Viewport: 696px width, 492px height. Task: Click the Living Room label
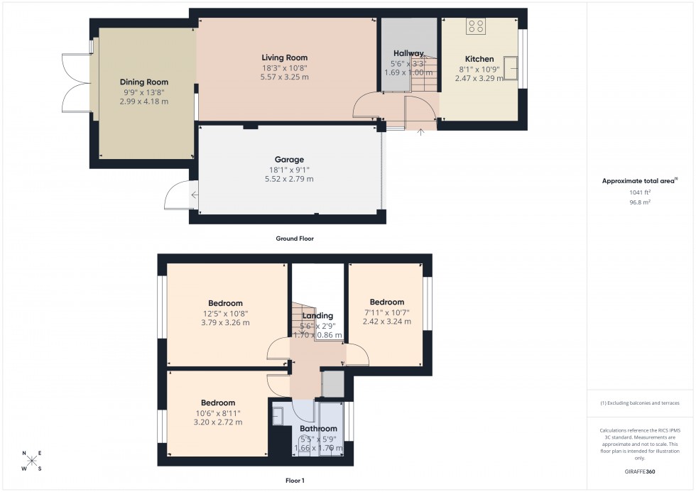point(284,58)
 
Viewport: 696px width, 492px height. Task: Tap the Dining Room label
point(144,82)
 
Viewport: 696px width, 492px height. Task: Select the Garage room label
point(289,160)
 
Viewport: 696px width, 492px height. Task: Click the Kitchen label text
point(479,59)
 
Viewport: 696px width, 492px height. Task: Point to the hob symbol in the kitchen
point(476,26)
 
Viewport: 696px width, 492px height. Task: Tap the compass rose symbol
point(32,460)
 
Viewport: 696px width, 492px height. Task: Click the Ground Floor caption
point(295,239)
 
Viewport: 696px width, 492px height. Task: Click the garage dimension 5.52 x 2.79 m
point(289,180)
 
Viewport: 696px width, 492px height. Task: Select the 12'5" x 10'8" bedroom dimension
point(225,313)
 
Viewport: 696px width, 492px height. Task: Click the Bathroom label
point(317,429)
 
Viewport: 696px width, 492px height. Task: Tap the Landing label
point(317,316)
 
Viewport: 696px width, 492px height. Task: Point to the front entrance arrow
point(420,131)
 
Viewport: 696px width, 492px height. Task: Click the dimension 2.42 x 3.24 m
point(387,321)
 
